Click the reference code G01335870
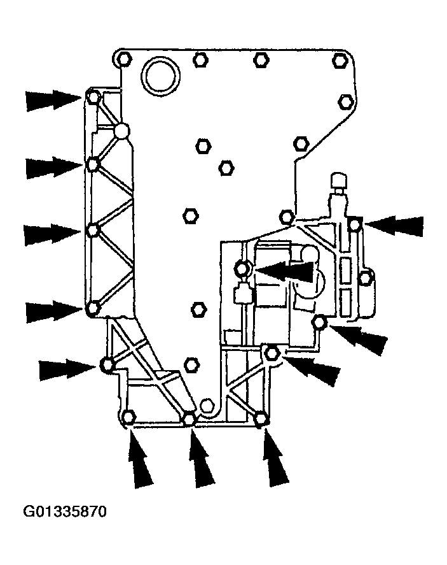tap(65, 511)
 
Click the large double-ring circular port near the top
tap(160, 76)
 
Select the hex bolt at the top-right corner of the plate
tap(339, 60)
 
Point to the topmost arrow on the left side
tap(53, 100)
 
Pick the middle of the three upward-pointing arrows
tap(202, 457)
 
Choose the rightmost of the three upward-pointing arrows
tap(275, 457)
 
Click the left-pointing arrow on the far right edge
tap(394, 225)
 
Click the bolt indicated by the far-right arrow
tap(355, 225)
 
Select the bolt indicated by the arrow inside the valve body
tap(242, 268)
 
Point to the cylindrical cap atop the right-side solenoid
tap(340, 179)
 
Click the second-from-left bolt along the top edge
tap(200, 60)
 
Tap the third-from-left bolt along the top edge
tap(261, 60)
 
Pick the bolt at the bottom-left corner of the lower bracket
tap(128, 417)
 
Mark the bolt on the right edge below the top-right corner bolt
tap(346, 102)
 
